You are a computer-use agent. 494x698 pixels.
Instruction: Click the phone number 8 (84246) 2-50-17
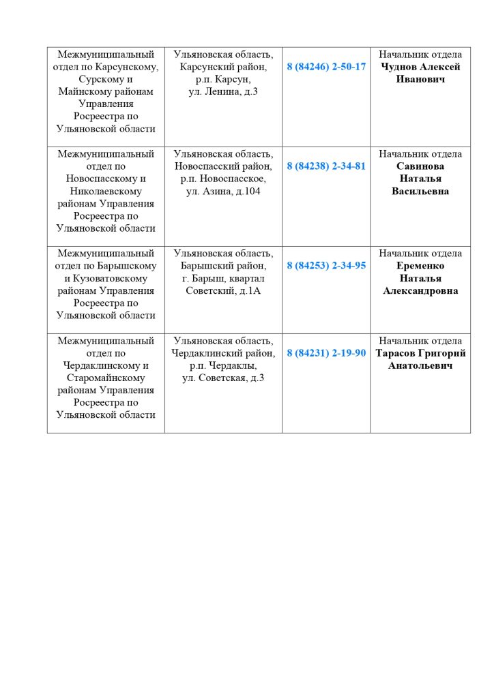326,67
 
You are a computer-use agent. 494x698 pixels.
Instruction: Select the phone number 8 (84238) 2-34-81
326,166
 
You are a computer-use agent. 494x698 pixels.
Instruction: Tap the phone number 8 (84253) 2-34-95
326,266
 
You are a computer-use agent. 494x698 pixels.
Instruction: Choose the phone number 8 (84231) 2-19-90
326,353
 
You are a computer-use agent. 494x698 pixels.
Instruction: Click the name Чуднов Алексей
420,67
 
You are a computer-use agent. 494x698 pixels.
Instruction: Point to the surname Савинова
420,166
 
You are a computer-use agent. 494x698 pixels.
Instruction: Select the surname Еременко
420,266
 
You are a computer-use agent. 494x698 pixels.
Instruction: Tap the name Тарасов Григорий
420,353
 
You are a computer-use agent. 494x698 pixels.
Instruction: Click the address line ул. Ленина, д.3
223,92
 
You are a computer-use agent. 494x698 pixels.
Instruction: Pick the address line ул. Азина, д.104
223,192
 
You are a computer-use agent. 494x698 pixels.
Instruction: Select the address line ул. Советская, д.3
223,378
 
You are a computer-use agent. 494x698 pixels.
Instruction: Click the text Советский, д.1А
223,291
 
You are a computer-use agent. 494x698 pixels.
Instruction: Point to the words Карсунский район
223,67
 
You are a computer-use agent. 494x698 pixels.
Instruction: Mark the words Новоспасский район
223,166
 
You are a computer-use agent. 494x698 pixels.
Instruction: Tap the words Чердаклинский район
223,353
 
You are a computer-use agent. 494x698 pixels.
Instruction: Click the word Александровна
420,291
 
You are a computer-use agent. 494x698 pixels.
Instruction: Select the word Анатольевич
420,366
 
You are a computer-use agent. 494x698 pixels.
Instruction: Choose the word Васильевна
420,192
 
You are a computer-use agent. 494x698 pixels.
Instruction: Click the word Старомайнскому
106,378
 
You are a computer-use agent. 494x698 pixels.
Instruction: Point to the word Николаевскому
106,192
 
